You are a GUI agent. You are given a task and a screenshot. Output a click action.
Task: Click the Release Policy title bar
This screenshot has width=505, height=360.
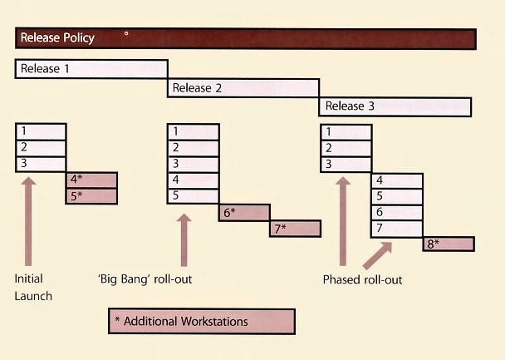tap(245, 38)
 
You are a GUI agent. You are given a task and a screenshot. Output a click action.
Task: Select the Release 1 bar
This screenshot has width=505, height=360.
tap(91, 69)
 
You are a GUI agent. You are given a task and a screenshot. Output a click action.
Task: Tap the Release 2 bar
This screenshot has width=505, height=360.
tap(243, 88)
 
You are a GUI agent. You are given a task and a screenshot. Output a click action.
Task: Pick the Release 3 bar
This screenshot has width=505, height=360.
tap(395, 106)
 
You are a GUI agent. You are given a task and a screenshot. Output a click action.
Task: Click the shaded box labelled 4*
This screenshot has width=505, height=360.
tap(91, 180)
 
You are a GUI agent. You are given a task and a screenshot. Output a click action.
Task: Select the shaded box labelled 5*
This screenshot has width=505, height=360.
tap(91, 196)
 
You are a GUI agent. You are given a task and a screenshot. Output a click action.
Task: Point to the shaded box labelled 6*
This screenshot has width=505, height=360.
tap(244, 213)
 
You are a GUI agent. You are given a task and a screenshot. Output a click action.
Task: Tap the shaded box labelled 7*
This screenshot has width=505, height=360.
tap(295, 229)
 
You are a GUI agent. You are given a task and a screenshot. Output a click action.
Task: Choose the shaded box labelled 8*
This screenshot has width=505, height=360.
tap(449, 244)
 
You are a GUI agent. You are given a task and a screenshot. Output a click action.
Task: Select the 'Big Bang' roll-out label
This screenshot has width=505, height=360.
tap(145, 279)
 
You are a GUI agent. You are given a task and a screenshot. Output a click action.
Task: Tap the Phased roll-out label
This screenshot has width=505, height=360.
tap(362, 280)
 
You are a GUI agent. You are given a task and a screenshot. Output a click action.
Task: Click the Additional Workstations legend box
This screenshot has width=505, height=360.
tap(202, 321)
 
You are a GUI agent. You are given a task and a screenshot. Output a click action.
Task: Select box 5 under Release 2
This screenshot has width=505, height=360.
tap(194, 196)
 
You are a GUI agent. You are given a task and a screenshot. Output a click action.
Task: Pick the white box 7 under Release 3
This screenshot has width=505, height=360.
tap(396, 229)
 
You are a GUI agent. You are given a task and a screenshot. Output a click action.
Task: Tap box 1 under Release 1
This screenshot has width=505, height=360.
tap(41, 132)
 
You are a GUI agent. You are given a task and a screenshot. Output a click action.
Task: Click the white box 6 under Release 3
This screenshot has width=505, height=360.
tap(396, 213)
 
